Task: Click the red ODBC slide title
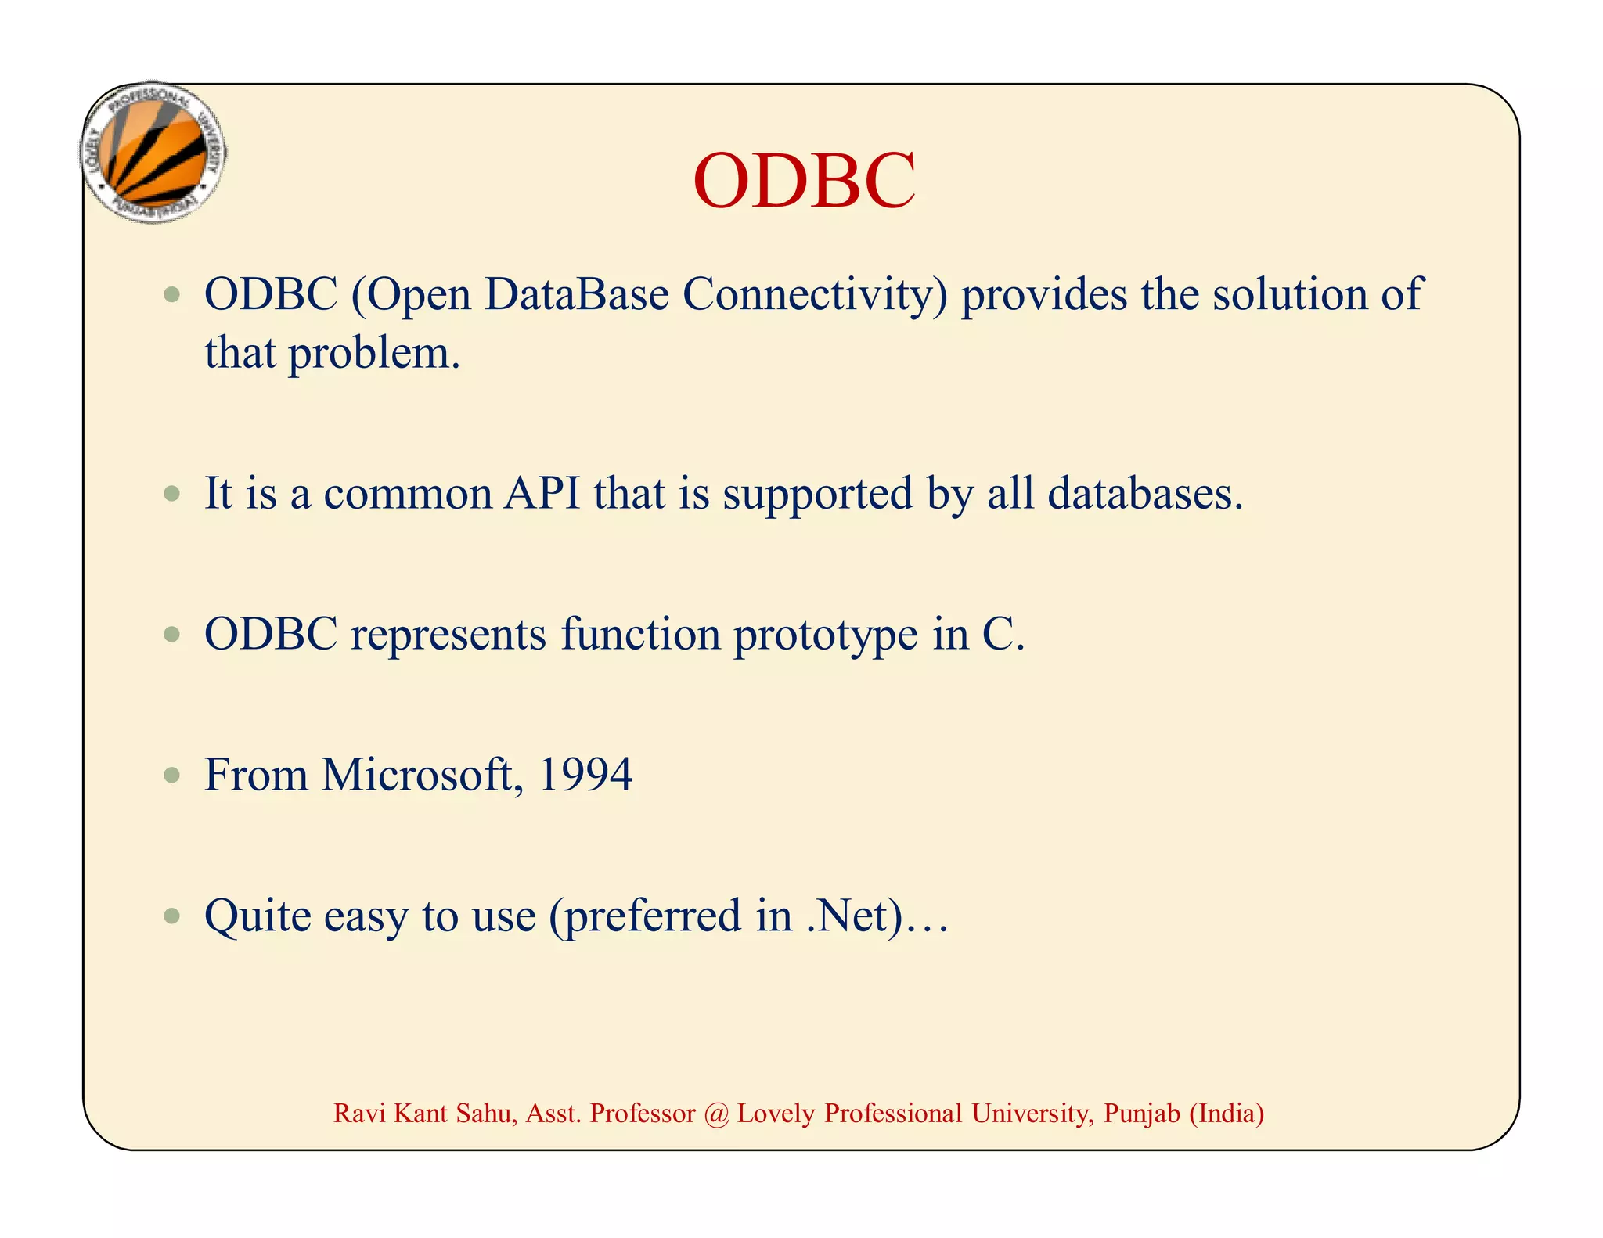[804, 182]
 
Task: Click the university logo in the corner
[154, 153]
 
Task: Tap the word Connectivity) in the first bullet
[814, 295]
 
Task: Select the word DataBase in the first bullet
[577, 295]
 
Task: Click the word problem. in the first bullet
[374, 354]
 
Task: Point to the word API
[542, 494]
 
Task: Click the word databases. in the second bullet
[1144, 494]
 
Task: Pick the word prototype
[825, 635]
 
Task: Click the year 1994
[585, 775]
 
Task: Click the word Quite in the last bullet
[258, 916]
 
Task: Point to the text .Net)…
[877, 916]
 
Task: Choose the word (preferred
[645, 917]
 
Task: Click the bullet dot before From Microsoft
[172, 776]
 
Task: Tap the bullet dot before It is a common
[172, 494]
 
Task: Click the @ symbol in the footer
[715, 1114]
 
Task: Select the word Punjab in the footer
[1141, 1114]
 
